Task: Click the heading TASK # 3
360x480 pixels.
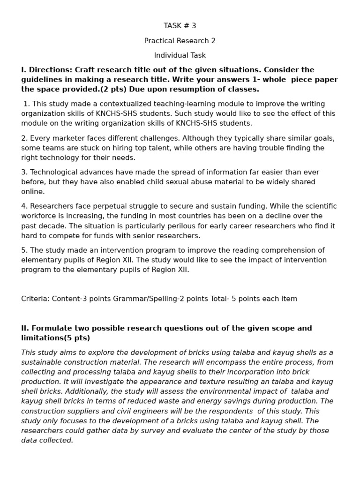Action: coord(180,26)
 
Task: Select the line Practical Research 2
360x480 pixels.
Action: coord(180,41)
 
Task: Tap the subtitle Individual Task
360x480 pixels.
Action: coord(180,55)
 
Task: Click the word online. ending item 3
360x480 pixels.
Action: coord(33,192)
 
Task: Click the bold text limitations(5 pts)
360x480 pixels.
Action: coord(55,338)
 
